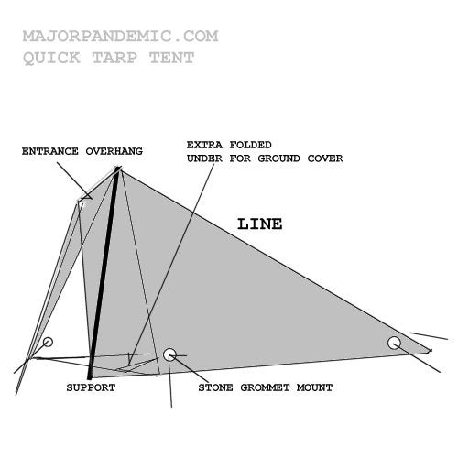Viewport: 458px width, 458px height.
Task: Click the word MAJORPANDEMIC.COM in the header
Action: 121,36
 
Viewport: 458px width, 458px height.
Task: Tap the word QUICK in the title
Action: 51,58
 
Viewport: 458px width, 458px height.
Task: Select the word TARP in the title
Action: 114,58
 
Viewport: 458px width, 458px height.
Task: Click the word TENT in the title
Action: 172,58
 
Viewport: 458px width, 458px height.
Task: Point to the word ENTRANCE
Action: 50,151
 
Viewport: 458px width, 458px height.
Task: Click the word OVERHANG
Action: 114,151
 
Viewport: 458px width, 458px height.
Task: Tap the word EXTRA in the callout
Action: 204,145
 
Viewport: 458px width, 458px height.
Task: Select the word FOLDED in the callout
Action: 251,145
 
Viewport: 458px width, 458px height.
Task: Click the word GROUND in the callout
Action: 279,158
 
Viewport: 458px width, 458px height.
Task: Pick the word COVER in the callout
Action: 325,158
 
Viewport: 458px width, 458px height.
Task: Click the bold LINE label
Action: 260,224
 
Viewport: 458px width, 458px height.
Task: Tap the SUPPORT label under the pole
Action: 91,387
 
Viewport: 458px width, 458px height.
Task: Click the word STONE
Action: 215,387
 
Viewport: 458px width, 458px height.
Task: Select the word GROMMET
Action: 265,387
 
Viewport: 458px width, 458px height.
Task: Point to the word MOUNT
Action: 315,387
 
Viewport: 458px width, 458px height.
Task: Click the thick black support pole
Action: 104,273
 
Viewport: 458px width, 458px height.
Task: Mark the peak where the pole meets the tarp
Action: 118,168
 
